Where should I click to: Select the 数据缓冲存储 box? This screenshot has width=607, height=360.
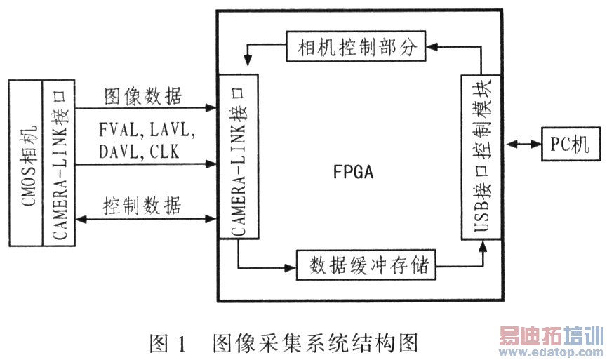367,266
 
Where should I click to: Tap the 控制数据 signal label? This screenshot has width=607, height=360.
142,206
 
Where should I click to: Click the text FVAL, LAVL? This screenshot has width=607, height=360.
147,131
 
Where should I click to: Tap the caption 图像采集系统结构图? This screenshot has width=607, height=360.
315,343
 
